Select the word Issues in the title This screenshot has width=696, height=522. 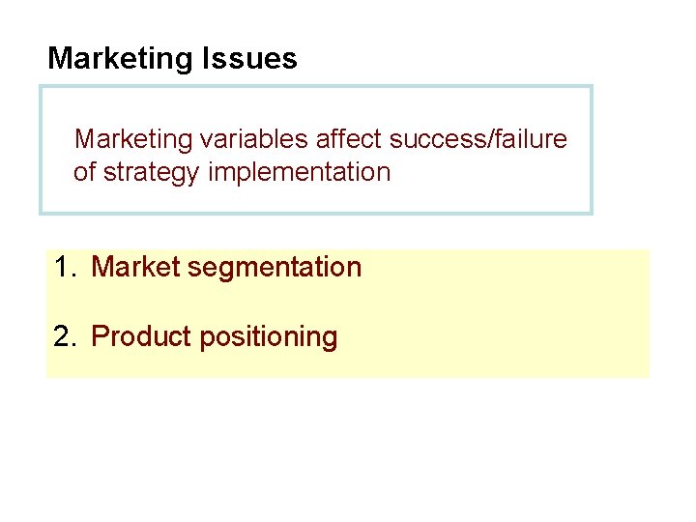(249, 59)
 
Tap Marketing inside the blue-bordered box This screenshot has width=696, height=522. (134, 139)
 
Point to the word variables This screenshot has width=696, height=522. (254, 139)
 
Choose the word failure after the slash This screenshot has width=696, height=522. (530, 139)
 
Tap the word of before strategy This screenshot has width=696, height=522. (85, 173)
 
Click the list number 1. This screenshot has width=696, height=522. (63, 267)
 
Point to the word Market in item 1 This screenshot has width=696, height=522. (134, 267)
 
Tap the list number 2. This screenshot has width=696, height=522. (64, 336)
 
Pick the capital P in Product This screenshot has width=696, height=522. (99, 336)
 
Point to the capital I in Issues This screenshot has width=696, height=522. (206, 59)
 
